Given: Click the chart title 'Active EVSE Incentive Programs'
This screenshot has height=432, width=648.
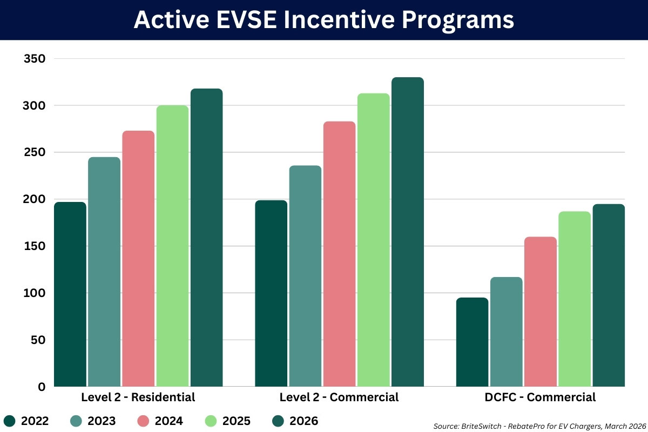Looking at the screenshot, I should (x=324, y=20).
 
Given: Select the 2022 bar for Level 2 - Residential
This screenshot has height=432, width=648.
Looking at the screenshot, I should (x=70, y=294).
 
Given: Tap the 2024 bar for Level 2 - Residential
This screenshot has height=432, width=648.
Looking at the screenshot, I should (x=138, y=259).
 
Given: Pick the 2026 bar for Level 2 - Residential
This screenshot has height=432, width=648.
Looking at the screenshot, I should (x=206, y=238).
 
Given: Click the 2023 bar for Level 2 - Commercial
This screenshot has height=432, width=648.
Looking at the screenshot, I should (x=305, y=275).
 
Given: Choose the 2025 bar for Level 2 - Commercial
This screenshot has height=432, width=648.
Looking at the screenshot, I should (x=373, y=240).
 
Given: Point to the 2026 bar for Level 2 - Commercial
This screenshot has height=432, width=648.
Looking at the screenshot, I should (x=407, y=232).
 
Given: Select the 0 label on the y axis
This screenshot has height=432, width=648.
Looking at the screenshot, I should (x=42, y=387).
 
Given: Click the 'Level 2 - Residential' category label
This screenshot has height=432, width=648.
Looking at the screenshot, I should (x=138, y=397).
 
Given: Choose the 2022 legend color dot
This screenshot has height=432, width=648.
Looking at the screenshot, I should (x=9, y=421).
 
